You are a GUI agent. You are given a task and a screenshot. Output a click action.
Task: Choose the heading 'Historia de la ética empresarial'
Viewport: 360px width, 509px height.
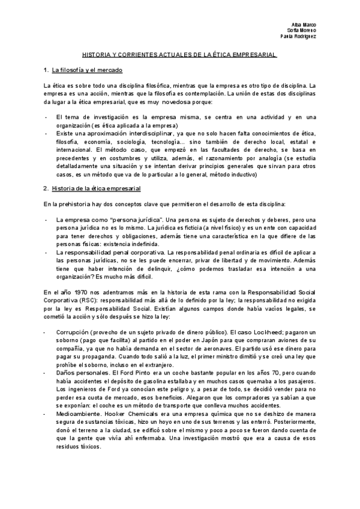tap(96, 188)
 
